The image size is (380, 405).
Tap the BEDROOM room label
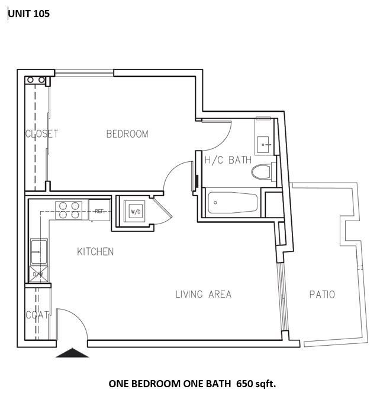click(x=127, y=134)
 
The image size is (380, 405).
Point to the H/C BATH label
click(x=228, y=160)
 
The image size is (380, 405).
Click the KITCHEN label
click(x=95, y=252)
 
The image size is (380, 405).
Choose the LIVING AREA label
click(x=203, y=294)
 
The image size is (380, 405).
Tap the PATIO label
click(x=322, y=294)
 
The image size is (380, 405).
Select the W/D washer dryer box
click(x=136, y=211)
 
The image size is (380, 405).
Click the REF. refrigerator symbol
click(x=99, y=211)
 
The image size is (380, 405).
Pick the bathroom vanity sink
click(x=264, y=142)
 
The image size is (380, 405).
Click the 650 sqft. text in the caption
click(x=256, y=384)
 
